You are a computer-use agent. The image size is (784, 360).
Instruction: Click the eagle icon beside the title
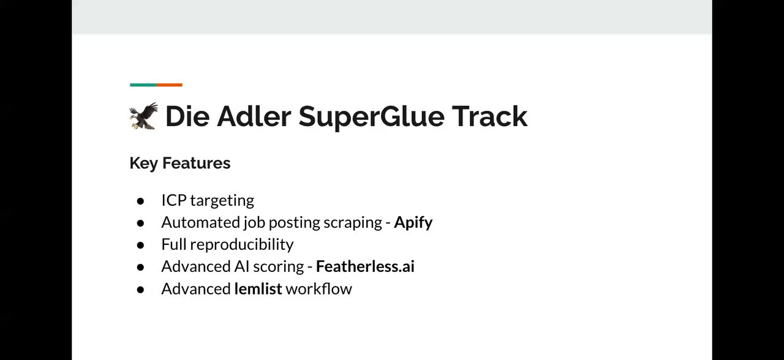pyautogui.click(x=143, y=116)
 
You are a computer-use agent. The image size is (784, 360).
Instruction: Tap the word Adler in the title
pyautogui.click(x=254, y=116)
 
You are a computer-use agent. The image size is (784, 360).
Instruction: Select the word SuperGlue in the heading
pyautogui.click(x=371, y=117)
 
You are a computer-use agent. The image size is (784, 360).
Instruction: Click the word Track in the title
pyautogui.click(x=489, y=116)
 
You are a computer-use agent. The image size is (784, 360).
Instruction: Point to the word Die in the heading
pyautogui.click(x=187, y=116)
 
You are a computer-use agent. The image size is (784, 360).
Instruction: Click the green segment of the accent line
pyautogui.click(x=143, y=84)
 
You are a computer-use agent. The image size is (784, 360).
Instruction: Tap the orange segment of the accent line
pyautogui.click(x=170, y=84)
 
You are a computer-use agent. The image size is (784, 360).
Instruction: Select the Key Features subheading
pyautogui.click(x=180, y=163)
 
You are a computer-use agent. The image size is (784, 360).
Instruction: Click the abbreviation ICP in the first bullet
pyautogui.click(x=173, y=200)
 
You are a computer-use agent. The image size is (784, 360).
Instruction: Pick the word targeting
pyautogui.click(x=222, y=201)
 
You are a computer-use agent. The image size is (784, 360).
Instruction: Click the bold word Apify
pyautogui.click(x=413, y=223)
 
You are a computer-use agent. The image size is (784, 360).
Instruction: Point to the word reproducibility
pyautogui.click(x=242, y=245)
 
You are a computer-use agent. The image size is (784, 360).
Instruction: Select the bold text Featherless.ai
pyautogui.click(x=365, y=266)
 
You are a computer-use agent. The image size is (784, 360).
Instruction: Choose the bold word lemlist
pyautogui.click(x=258, y=288)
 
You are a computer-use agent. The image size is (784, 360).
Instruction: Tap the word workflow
pyautogui.click(x=319, y=288)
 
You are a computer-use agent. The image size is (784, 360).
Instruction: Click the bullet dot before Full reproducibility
pyautogui.click(x=140, y=246)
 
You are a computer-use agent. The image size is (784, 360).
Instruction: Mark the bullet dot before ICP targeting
pyautogui.click(x=140, y=201)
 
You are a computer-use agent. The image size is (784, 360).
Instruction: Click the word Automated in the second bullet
pyautogui.click(x=201, y=222)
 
